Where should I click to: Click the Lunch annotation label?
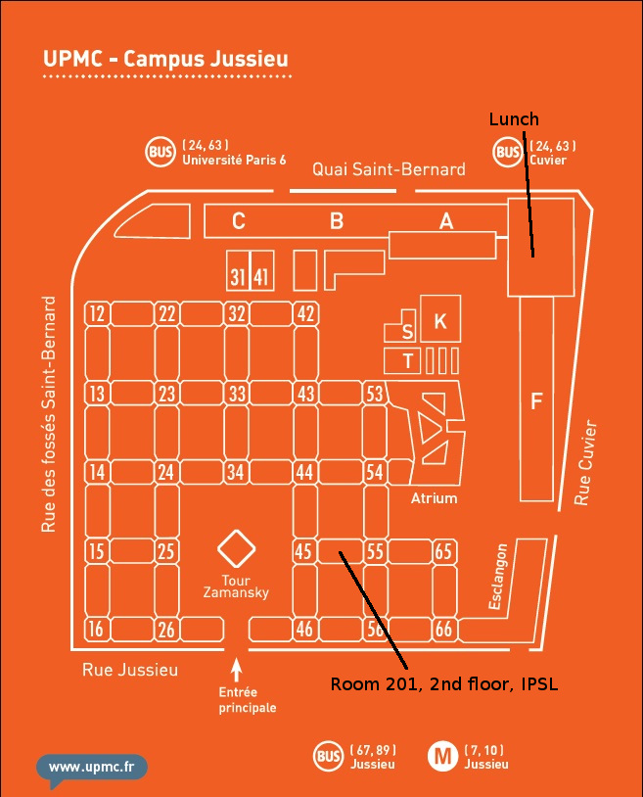514,119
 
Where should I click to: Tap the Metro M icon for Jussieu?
443,756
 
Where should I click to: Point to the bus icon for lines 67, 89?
328,756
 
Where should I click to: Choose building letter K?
440,320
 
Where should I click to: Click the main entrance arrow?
236,670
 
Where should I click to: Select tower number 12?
96,313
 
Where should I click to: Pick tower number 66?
443,630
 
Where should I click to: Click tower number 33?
236,394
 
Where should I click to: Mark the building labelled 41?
260,277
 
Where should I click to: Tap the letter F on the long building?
535,400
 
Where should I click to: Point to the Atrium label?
434,498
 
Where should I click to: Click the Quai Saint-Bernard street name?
389,169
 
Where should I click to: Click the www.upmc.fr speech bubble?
92,767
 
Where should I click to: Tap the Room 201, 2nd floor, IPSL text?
443,683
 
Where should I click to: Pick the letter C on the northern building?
238,221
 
